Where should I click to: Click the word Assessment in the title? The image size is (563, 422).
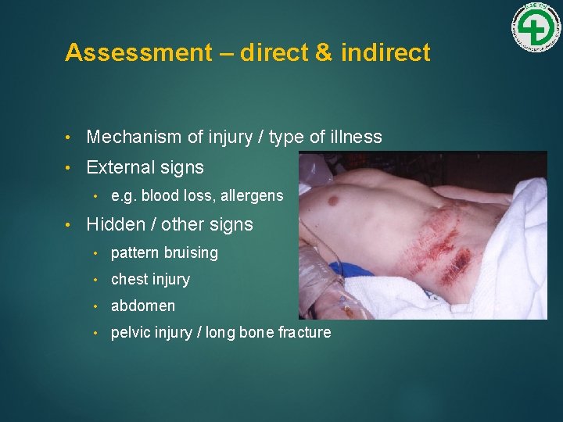(x=138, y=53)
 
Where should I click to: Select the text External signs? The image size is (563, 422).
(x=145, y=167)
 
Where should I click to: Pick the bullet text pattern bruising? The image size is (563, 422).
(x=164, y=253)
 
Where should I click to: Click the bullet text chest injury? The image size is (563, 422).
(x=150, y=280)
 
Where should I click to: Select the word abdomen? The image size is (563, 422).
(x=143, y=306)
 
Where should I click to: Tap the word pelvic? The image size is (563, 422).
(x=131, y=333)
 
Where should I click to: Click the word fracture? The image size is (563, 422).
(x=304, y=333)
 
